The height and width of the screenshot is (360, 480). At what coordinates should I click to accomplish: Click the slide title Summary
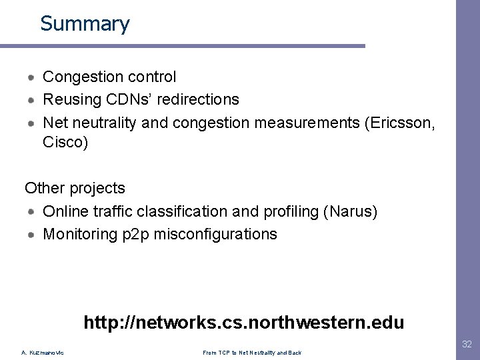tap(85, 24)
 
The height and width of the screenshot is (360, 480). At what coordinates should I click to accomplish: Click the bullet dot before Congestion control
tap(32, 77)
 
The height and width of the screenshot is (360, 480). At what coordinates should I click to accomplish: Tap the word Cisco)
tap(65, 142)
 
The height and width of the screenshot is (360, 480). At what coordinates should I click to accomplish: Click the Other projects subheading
tap(75, 189)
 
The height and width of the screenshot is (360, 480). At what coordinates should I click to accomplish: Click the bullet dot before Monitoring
tap(32, 234)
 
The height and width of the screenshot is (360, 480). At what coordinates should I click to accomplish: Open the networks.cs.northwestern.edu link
tap(243, 323)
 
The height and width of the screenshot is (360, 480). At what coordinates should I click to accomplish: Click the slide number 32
tap(467, 344)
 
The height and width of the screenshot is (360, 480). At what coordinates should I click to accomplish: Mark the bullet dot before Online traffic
tap(32, 211)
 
